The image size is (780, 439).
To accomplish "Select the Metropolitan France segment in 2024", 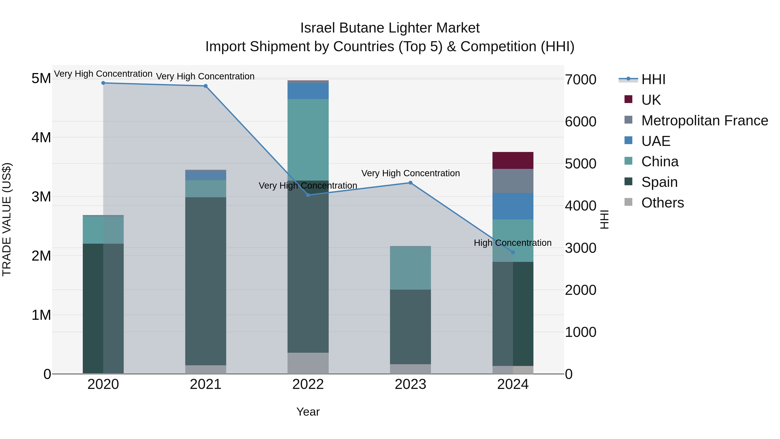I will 513,181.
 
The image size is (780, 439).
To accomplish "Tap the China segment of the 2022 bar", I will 308,140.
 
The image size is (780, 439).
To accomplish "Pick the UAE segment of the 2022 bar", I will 308,91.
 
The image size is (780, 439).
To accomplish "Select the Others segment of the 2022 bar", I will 308,363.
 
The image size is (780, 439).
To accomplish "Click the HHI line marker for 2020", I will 103,83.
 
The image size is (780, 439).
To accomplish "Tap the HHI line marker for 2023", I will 411,183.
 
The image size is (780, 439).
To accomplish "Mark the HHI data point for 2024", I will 513,252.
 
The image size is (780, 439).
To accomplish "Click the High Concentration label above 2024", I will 512,243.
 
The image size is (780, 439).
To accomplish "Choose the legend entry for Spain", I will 659,182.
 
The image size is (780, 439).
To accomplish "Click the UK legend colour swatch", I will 628,99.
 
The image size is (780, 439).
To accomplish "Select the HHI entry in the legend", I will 653,79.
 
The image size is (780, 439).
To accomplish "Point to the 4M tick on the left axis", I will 41,137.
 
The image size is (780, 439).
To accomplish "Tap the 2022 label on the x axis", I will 308,384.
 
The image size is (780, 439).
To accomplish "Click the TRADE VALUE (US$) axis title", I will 7,219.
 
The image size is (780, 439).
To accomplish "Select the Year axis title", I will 308,412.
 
